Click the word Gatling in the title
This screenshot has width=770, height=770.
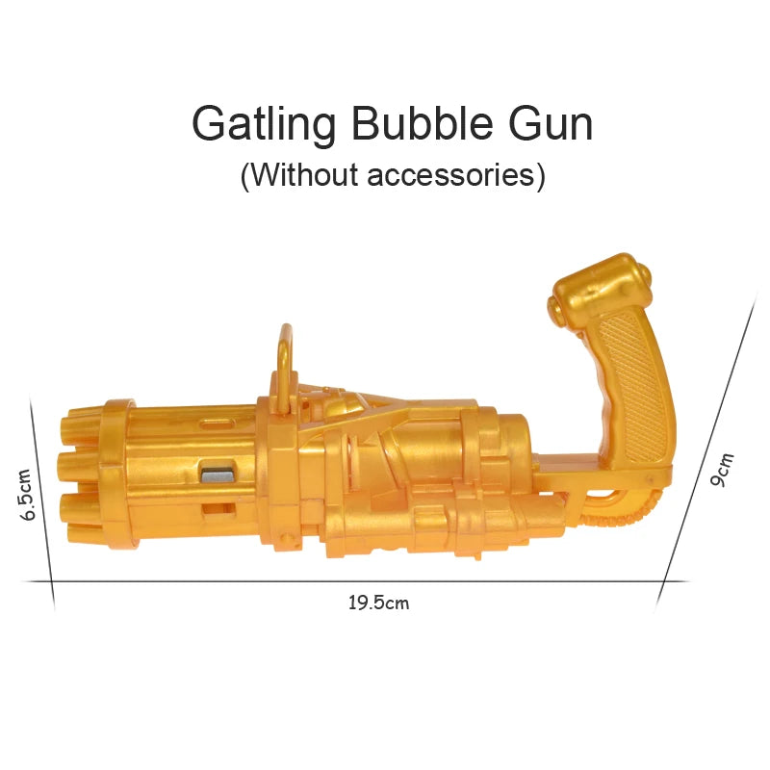264,125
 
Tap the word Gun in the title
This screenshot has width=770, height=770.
551,123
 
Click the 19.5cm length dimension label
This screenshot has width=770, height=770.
378,603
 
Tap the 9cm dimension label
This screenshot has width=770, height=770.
722,470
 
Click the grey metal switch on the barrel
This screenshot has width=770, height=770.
218,474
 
